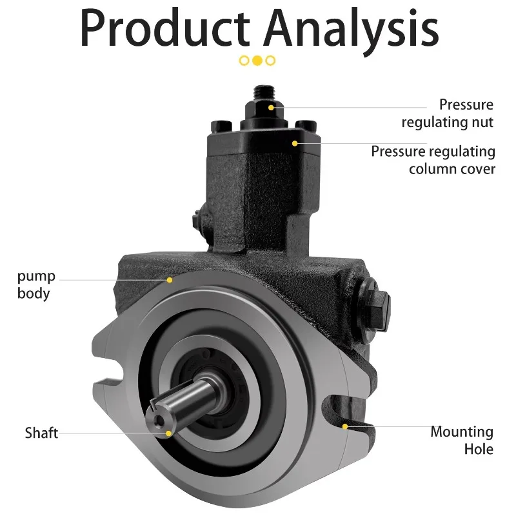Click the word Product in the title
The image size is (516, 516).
click(x=165, y=28)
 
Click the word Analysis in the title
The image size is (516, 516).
click(x=351, y=31)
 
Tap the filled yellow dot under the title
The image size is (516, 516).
click(x=257, y=61)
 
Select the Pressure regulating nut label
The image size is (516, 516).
click(x=448, y=114)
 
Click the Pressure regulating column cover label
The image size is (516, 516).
click(x=433, y=160)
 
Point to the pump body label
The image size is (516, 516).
click(x=36, y=285)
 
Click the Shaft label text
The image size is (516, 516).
click(x=41, y=433)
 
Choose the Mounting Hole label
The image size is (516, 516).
click(x=462, y=441)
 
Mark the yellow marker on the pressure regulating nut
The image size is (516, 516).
click(x=271, y=108)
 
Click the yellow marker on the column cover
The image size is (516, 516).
click(x=295, y=143)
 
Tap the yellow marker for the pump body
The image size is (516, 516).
click(x=170, y=280)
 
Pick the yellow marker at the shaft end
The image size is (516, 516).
click(x=168, y=433)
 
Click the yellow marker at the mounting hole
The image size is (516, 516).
click(x=345, y=427)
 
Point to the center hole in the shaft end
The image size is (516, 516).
click(x=160, y=421)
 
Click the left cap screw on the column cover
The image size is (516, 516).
click(x=221, y=126)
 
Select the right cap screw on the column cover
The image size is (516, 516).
click(x=306, y=125)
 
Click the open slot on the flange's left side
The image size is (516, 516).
click(x=108, y=372)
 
